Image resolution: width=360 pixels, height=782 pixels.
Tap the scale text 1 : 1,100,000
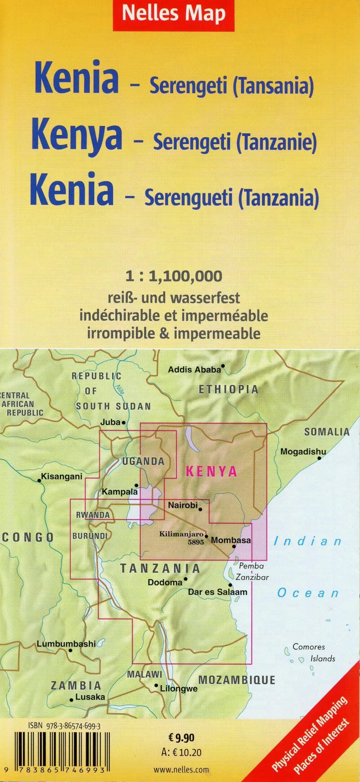click(x=174, y=276)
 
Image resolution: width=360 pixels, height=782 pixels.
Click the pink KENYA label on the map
click(x=211, y=472)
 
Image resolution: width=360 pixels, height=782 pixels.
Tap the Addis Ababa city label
click(x=194, y=369)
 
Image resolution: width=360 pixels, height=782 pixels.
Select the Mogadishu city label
click(x=303, y=452)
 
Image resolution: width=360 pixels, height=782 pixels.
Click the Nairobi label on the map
click(x=183, y=505)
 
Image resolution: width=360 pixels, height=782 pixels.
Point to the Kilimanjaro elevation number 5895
click(x=196, y=542)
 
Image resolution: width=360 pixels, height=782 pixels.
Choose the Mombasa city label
click(x=231, y=540)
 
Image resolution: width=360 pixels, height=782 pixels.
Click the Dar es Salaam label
click(x=218, y=592)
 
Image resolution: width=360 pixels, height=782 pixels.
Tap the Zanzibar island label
click(x=252, y=577)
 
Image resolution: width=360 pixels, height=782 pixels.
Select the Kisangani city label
click(x=62, y=476)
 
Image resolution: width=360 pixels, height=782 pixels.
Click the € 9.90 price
click(x=181, y=738)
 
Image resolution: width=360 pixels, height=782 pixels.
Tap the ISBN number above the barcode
click(x=64, y=726)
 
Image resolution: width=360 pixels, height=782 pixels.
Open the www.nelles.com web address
click(x=181, y=770)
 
